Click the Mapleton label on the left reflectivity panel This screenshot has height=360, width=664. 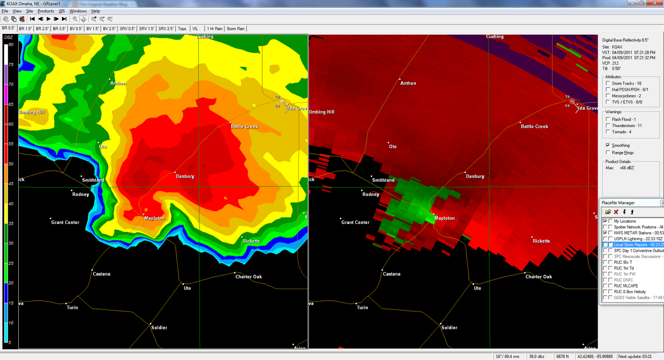[154, 218]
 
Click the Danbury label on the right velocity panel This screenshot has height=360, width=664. [475, 176]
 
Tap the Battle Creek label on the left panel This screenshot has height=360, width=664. [244, 126]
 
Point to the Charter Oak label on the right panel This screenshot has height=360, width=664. [539, 277]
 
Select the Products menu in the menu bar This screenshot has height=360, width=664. [46, 11]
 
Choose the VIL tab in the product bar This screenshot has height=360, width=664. [195, 29]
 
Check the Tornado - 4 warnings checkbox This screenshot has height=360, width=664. [608, 132]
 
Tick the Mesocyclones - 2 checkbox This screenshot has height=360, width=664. [608, 96]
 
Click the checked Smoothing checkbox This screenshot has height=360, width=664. [608, 145]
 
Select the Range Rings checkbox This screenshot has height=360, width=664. [608, 153]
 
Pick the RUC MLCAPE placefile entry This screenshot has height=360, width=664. [626, 286]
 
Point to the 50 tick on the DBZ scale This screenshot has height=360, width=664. [11, 164]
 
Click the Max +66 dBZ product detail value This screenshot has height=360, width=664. [627, 168]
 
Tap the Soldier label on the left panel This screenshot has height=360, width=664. [159, 328]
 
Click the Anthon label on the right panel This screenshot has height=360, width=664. [408, 83]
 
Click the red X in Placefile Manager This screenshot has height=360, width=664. [616, 212]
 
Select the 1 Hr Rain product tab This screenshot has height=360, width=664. [215, 29]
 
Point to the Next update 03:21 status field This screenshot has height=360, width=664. [635, 356]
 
